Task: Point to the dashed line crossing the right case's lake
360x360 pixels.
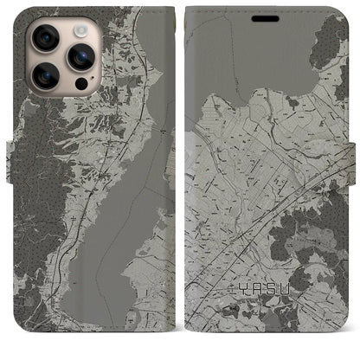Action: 260,61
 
